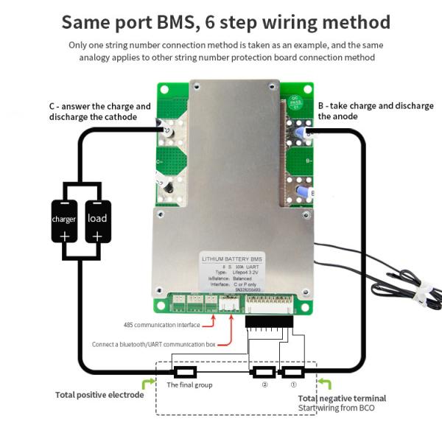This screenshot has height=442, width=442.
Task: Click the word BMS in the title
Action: pyautogui.click(x=173, y=22)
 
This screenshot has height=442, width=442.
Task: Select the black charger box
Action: pyautogui.click(x=64, y=221)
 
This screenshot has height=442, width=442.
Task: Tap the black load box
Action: pyautogui.click(x=97, y=221)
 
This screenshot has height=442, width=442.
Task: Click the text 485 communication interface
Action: pyautogui.click(x=161, y=324)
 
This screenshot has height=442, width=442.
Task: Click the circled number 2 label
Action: pyautogui.click(x=264, y=384)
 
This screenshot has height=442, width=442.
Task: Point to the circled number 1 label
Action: pyautogui.click(x=292, y=384)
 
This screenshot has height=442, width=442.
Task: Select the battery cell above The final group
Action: pyautogui.click(x=183, y=372)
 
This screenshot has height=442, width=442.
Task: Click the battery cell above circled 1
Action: pyautogui.click(x=293, y=372)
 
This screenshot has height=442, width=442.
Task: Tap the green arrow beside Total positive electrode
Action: pyautogui.click(x=148, y=383)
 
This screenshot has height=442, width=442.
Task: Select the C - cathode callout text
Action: pyautogui.click(x=99, y=111)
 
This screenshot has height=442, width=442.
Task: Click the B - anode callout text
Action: pyautogui.click(x=375, y=110)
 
